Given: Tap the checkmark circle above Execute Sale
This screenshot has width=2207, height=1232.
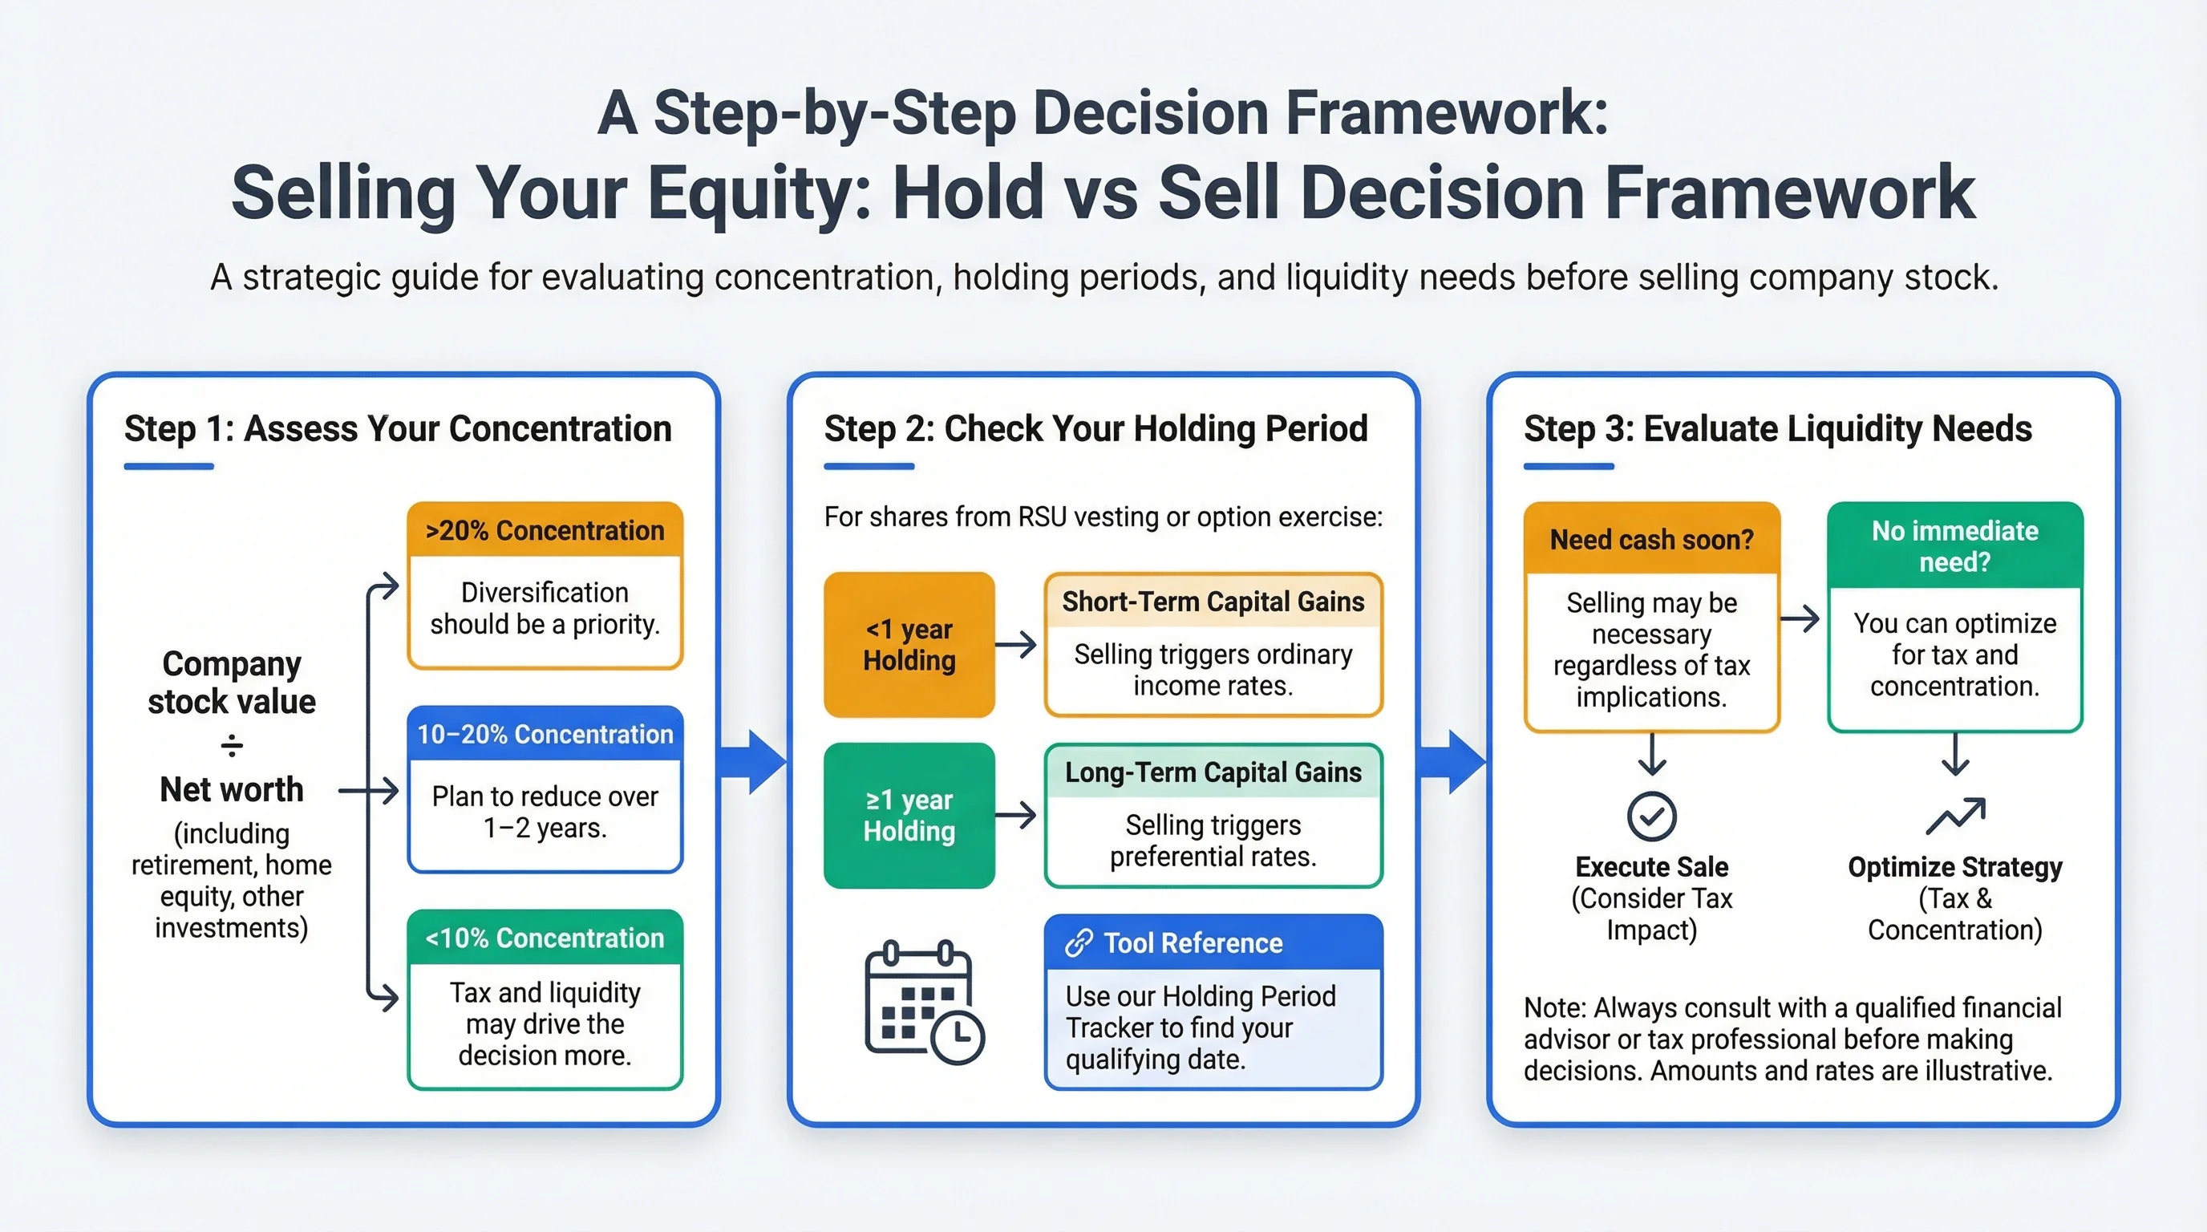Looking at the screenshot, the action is [1652, 816].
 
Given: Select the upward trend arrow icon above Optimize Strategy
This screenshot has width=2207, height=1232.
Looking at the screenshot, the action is [1955, 816].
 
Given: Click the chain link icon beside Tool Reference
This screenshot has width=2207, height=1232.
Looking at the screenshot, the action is [1079, 942].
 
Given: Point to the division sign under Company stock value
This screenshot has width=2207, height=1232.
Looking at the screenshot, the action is [231, 746].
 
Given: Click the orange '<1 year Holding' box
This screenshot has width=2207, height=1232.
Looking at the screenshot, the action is [909, 644].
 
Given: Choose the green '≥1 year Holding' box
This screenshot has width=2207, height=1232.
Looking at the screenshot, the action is [909, 815].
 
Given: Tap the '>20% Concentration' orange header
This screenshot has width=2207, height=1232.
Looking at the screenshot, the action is [545, 529].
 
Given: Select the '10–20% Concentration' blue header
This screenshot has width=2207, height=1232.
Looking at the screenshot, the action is [545, 733].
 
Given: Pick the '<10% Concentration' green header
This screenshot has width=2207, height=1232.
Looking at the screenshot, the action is [545, 938].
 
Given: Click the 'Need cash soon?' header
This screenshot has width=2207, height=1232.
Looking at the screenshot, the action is [1652, 539].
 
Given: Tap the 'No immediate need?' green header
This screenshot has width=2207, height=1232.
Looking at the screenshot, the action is [1955, 545].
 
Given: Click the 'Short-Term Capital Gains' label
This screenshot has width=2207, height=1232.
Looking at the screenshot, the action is [1213, 602].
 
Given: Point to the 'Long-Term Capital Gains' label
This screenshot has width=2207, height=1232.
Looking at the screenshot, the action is [1213, 772].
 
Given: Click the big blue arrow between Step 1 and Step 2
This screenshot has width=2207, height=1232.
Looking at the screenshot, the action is [751, 762].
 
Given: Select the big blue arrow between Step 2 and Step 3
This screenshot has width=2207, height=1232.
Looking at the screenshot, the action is [1452, 762].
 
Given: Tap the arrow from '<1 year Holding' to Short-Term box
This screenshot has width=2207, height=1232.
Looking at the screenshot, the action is [1016, 644].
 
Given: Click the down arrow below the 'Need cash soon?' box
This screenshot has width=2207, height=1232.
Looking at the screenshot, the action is [1652, 754].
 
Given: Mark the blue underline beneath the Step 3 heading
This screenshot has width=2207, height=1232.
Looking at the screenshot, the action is [1569, 466].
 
